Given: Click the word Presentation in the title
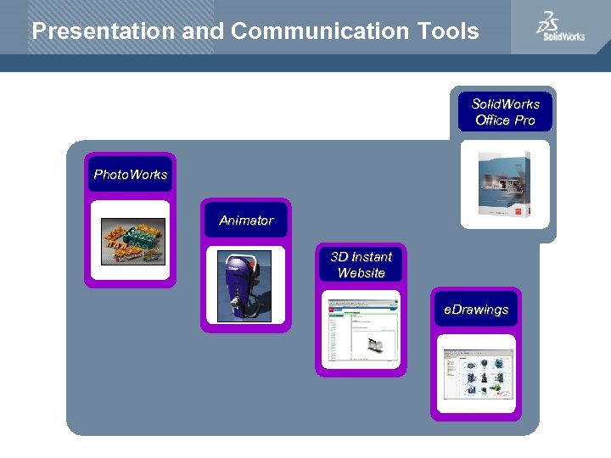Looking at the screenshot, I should click(x=104, y=31).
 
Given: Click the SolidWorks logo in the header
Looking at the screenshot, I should click(x=559, y=27).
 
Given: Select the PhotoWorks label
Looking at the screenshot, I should click(x=131, y=175).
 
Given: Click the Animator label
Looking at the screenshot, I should click(x=246, y=221).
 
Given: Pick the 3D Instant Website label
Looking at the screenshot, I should click(x=362, y=265).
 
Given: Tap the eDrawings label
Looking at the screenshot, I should click(x=476, y=310).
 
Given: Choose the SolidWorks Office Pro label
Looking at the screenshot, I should click(x=506, y=112).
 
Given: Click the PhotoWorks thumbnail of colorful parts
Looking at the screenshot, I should click(x=132, y=242).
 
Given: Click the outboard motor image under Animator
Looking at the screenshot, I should click(x=244, y=286).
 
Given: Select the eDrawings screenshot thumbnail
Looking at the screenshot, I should click(x=476, y=375).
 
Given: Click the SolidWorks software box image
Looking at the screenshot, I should click(x=505, y=185).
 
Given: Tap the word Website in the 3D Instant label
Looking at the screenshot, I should click(x=362, y=273).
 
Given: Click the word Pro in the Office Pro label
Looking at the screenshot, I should click(x=524, y=120).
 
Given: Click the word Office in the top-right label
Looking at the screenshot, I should click(x=492, y=120).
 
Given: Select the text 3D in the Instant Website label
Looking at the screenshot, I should click(x=339, y=257).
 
